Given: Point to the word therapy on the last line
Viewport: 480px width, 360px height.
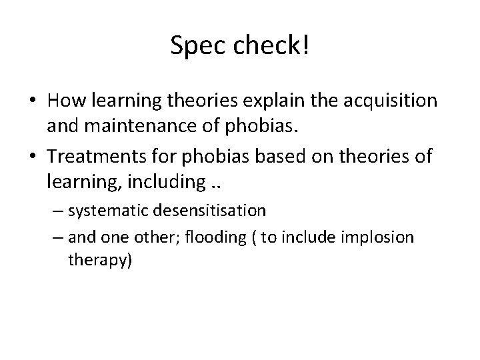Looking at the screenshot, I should click(x=100, y=260).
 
